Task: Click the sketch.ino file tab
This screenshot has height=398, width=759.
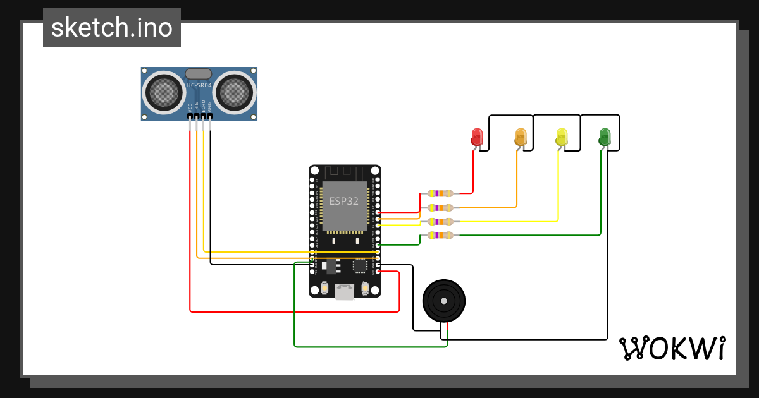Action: (x=112, y=28)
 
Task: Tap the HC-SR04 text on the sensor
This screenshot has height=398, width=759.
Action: (x=199, y=85)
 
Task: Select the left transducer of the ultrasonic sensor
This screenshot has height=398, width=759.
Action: (x=165, y=93)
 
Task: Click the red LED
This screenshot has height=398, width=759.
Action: (x=477, y=136)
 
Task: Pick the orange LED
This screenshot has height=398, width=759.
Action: (x=521, y=136)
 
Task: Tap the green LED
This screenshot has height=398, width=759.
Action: (x=605, y=136)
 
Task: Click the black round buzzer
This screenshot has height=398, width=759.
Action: (x=444, y=301)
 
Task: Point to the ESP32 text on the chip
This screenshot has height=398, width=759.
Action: (x=344, y=202)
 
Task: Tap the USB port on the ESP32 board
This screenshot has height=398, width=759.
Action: (x=345, y=291)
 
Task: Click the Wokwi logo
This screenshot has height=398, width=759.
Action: (x=672, y=348)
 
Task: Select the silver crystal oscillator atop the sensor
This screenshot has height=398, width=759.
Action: (x=199, y=74)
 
